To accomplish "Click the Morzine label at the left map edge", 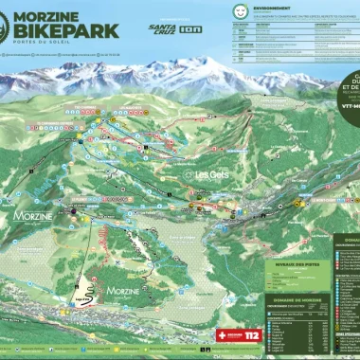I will pos(35,216).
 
